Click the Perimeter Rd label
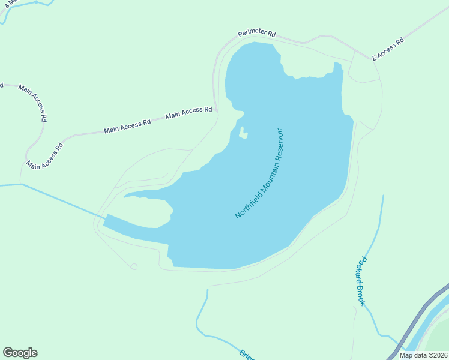(x=256, y=34)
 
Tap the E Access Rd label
(x=388, y=50)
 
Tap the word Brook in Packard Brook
(x=361, y=295)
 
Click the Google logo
(x=20, y=353)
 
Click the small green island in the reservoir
(x=243, y=133)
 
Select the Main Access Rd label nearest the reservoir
(x=188, y=112)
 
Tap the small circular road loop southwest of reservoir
(x=134, y=266)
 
